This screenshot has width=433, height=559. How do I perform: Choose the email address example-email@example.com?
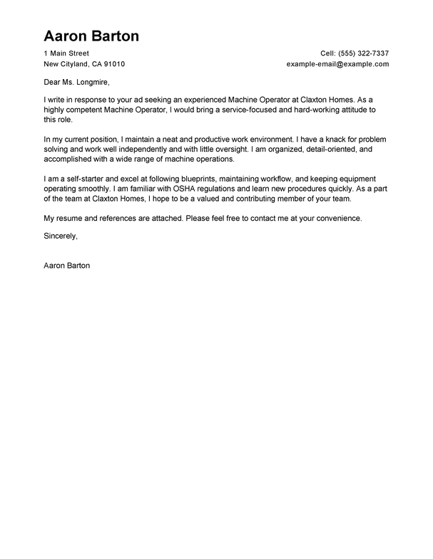point(337,64)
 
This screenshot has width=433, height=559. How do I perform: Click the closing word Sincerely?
point(61,234)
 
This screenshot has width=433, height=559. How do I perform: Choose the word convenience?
point(336,218)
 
